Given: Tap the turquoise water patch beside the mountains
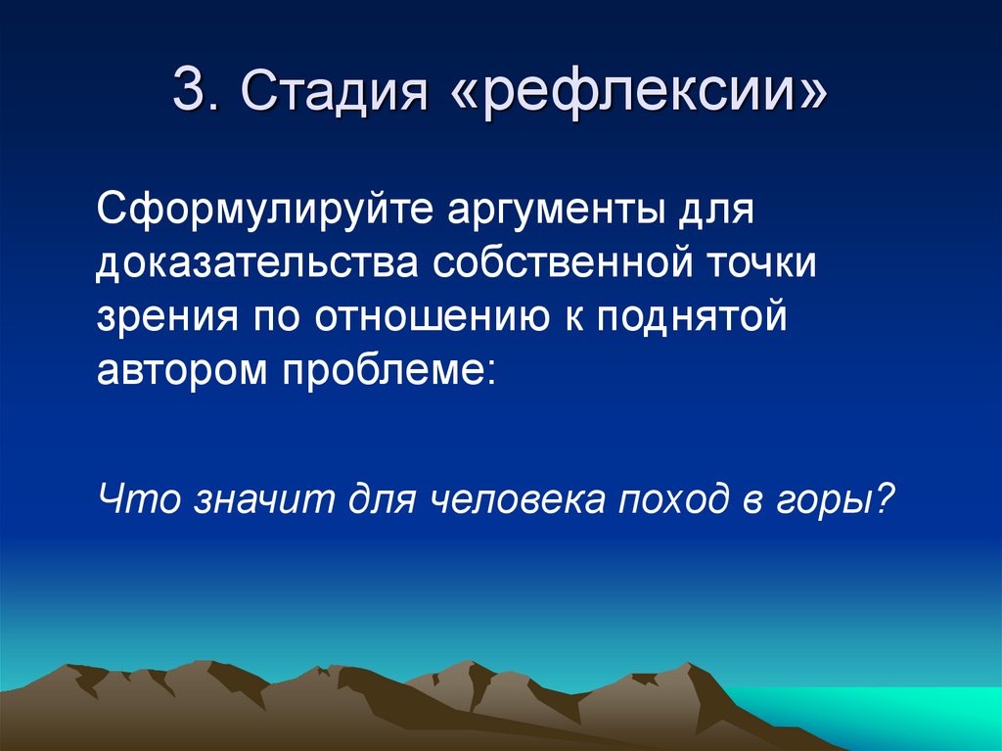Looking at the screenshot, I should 881,715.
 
